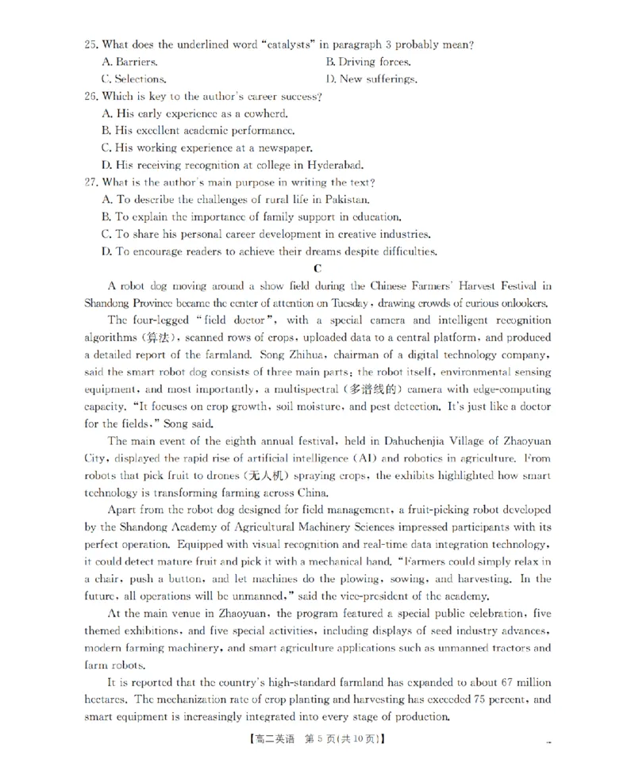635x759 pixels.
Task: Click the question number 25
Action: [x=90, y=44]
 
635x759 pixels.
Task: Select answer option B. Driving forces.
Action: [x=368, y=62]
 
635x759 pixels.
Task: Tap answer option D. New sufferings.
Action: [x=371, y=79]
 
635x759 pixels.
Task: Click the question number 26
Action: [x=90, y=96]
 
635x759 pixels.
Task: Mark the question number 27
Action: [x=90, y=182]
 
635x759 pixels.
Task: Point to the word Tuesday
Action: [x=349, y=303]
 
